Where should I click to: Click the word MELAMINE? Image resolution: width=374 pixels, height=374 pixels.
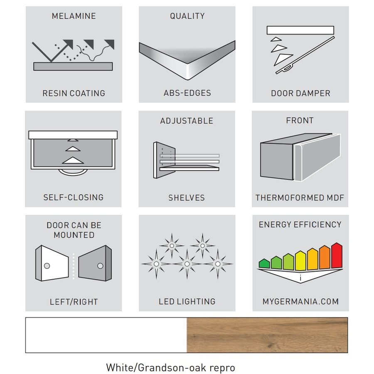coord(74,16)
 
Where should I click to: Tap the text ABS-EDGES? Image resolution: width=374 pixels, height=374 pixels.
coord(187,93)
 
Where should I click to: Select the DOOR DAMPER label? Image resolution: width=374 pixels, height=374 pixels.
coord(300,93)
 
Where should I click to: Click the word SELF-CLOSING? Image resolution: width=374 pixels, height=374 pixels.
coord(74,197)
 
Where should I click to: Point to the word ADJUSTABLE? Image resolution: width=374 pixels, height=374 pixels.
coord(187,121)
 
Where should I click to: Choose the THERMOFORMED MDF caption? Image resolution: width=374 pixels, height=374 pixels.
coord(300,198)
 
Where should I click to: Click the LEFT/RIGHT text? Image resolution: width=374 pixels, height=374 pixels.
coord(74,302)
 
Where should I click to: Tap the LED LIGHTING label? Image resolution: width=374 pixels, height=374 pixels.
coord(187,302)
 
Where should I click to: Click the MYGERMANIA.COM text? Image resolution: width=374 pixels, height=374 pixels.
coord(300,302)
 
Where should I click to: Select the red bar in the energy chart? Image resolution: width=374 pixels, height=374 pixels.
coord(337,256)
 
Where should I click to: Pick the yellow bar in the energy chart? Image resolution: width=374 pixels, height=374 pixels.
coord(300,261)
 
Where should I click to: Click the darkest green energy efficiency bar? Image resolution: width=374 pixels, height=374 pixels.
coord(264,263)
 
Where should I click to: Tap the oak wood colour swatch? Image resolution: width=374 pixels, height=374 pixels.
coord(267,335)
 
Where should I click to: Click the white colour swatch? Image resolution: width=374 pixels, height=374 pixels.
coord(106,335)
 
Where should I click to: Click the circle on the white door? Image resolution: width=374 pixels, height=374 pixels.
coord(47,266)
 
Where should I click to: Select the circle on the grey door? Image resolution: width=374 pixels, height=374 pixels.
coord(100,266)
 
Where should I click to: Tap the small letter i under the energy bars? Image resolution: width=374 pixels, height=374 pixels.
coord(300,278)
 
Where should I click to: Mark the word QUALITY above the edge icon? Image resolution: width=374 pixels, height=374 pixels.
coord(187,16)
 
